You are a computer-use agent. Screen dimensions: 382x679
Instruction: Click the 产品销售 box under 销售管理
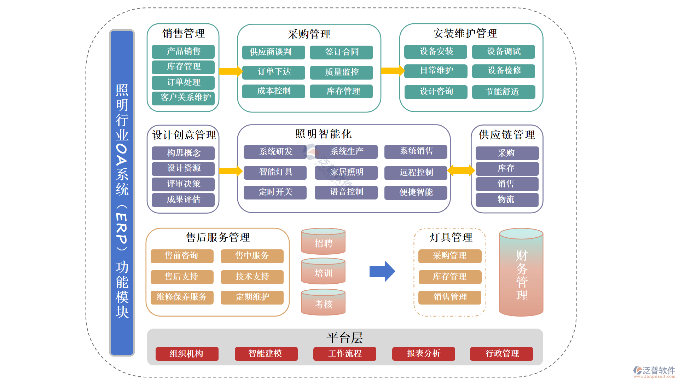click(183, 52)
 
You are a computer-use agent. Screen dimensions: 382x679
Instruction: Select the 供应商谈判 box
click(273, 52)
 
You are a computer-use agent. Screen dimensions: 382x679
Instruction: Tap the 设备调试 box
click(503, 52)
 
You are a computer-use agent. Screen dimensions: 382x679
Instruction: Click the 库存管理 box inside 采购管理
click(341, 91)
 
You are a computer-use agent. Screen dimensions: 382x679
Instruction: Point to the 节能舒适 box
click(503, 92)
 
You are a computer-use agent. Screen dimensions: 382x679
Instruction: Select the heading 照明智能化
click(323, 134)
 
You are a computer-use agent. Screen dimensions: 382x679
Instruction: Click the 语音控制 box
click(346, 192)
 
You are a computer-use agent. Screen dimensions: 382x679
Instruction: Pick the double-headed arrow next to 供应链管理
click(461, 171)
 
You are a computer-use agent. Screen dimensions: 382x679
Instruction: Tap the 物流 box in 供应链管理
click(507, 199)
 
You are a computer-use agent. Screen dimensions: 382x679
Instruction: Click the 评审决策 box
click(183, 184)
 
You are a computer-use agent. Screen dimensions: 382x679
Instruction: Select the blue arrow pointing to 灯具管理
click(382, 271)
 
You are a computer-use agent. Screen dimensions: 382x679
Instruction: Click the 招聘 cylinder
click(323, 242)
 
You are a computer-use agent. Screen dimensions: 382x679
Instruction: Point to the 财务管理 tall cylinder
click(521, 272)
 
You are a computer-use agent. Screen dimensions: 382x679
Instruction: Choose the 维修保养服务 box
click(182, 297)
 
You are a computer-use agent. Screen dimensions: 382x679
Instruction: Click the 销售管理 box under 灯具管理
click(449, 297)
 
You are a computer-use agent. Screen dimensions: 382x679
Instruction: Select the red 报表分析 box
click(423, 353)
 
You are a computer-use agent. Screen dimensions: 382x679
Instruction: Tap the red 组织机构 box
click(187, 353)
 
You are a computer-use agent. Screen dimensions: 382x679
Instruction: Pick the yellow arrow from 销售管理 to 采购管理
click(230, 71)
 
